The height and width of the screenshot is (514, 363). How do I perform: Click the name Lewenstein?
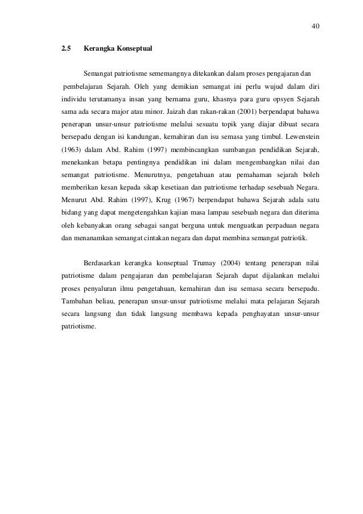[299, 137]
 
